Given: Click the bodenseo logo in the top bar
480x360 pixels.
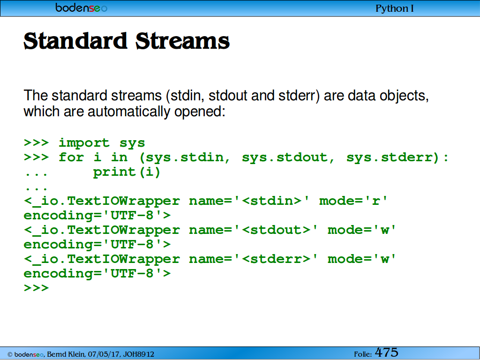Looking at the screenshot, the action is (81, 7).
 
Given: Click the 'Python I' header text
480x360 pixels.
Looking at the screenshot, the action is (394, 8).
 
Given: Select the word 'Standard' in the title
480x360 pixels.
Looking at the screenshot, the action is (75, 41).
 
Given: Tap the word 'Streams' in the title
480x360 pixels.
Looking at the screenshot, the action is (182, 41).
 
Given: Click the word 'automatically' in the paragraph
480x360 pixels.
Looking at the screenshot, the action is (128, 112).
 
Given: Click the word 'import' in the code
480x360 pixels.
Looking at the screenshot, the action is (84, 143).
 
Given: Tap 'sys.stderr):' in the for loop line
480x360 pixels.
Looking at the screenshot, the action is (397, 157).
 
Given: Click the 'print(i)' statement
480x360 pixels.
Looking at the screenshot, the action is (127, 172).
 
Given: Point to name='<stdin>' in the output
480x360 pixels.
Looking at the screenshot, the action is (249, 201).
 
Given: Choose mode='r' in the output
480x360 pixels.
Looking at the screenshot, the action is (353, 201).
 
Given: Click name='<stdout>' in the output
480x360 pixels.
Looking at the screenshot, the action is (254, 230).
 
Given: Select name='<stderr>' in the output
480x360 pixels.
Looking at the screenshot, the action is (254, 259).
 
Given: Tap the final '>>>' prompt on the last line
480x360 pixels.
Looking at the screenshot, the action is (36, 288).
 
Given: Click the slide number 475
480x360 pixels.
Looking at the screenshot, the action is (386, 352).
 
